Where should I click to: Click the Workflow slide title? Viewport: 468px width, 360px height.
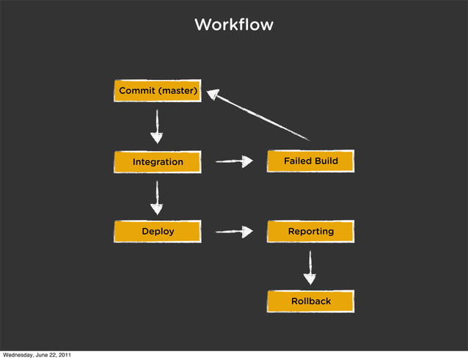(233, 25)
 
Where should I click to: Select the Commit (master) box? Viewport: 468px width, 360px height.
(157, 91)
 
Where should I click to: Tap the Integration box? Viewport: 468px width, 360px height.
(157, 161)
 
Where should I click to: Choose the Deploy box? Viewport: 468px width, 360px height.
(157, 232)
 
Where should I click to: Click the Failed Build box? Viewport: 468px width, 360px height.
(310, 161)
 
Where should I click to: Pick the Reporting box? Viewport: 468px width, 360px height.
(310, 232)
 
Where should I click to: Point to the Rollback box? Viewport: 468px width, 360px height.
(310, 301)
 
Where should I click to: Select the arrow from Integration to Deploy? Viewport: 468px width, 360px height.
(157, 196)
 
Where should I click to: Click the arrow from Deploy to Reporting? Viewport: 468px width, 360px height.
(233, 232)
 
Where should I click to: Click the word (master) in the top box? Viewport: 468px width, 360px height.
(177, 91)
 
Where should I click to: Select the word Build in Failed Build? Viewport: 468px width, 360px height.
(324, 161)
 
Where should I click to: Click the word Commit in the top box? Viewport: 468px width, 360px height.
(137, 91)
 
